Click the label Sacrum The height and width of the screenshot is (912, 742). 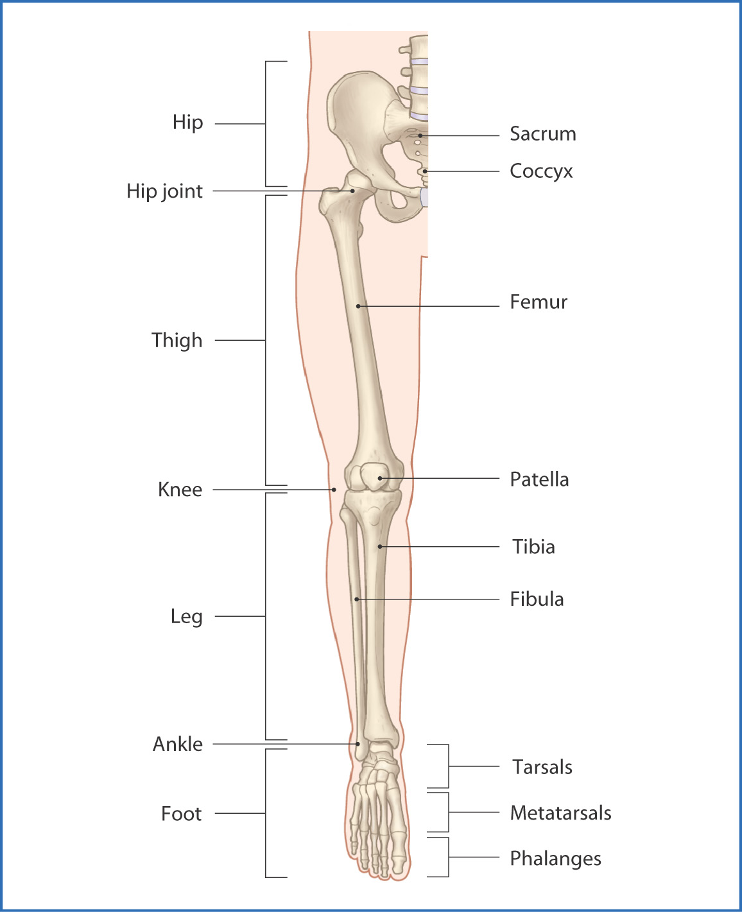click(542, 133)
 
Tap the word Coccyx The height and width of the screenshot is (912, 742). click(541, 171)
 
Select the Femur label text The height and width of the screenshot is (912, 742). click(538, 302)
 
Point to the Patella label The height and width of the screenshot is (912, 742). click(539, 479)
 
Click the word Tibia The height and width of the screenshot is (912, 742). click(533, 547)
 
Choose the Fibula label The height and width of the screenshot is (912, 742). click(537, 599)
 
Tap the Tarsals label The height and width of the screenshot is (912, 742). click(542, 767)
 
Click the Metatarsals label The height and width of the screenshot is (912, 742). click(560, 813)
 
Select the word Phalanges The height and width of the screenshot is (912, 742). click(555, 859)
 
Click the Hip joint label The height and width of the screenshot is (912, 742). click(164, 191)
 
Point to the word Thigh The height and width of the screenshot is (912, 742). click(177, 341)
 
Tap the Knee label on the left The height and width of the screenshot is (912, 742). click(180, 490)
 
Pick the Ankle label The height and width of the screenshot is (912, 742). click(178, 744)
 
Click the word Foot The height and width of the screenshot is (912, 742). click(181, 814)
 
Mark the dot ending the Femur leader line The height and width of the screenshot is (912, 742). click(358, 306)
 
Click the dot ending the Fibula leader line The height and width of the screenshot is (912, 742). click(357, 599)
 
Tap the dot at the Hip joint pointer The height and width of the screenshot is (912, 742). click(352, 191)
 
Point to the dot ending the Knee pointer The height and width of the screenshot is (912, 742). click(334, 490)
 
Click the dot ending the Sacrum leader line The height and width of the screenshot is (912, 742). click(420, 135)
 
